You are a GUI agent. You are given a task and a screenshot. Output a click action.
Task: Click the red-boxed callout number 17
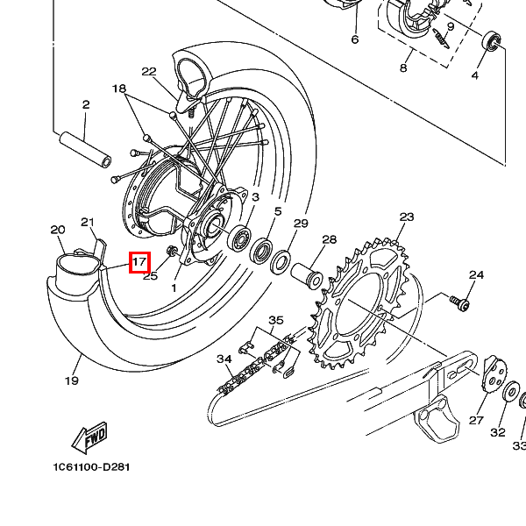[139, 260]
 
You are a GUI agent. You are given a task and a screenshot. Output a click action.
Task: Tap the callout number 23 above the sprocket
[406, 217]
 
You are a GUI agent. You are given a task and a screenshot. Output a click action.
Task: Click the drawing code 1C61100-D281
[91, 467]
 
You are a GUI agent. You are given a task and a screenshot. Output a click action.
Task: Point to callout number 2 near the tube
[86, 105]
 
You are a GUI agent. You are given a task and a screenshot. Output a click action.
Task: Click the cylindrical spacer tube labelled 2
[85, 148]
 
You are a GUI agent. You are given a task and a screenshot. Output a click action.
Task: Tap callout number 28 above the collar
[329, 239]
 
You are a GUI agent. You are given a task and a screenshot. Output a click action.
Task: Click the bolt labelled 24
[459, 303]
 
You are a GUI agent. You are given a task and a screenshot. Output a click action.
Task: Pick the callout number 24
[476, 275]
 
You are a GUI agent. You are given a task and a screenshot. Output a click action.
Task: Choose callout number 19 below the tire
[72, 380]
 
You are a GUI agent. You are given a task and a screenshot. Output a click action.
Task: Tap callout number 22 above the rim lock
[149, 72]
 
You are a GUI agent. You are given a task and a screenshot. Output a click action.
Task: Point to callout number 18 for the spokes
[120, 89]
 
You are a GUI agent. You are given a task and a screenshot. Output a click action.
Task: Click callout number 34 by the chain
[224, 359]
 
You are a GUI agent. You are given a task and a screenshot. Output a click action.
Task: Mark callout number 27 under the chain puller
[476, 421]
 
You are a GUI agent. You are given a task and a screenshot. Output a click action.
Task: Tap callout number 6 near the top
[355, 39]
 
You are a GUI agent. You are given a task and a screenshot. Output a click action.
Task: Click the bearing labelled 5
[260, 252]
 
